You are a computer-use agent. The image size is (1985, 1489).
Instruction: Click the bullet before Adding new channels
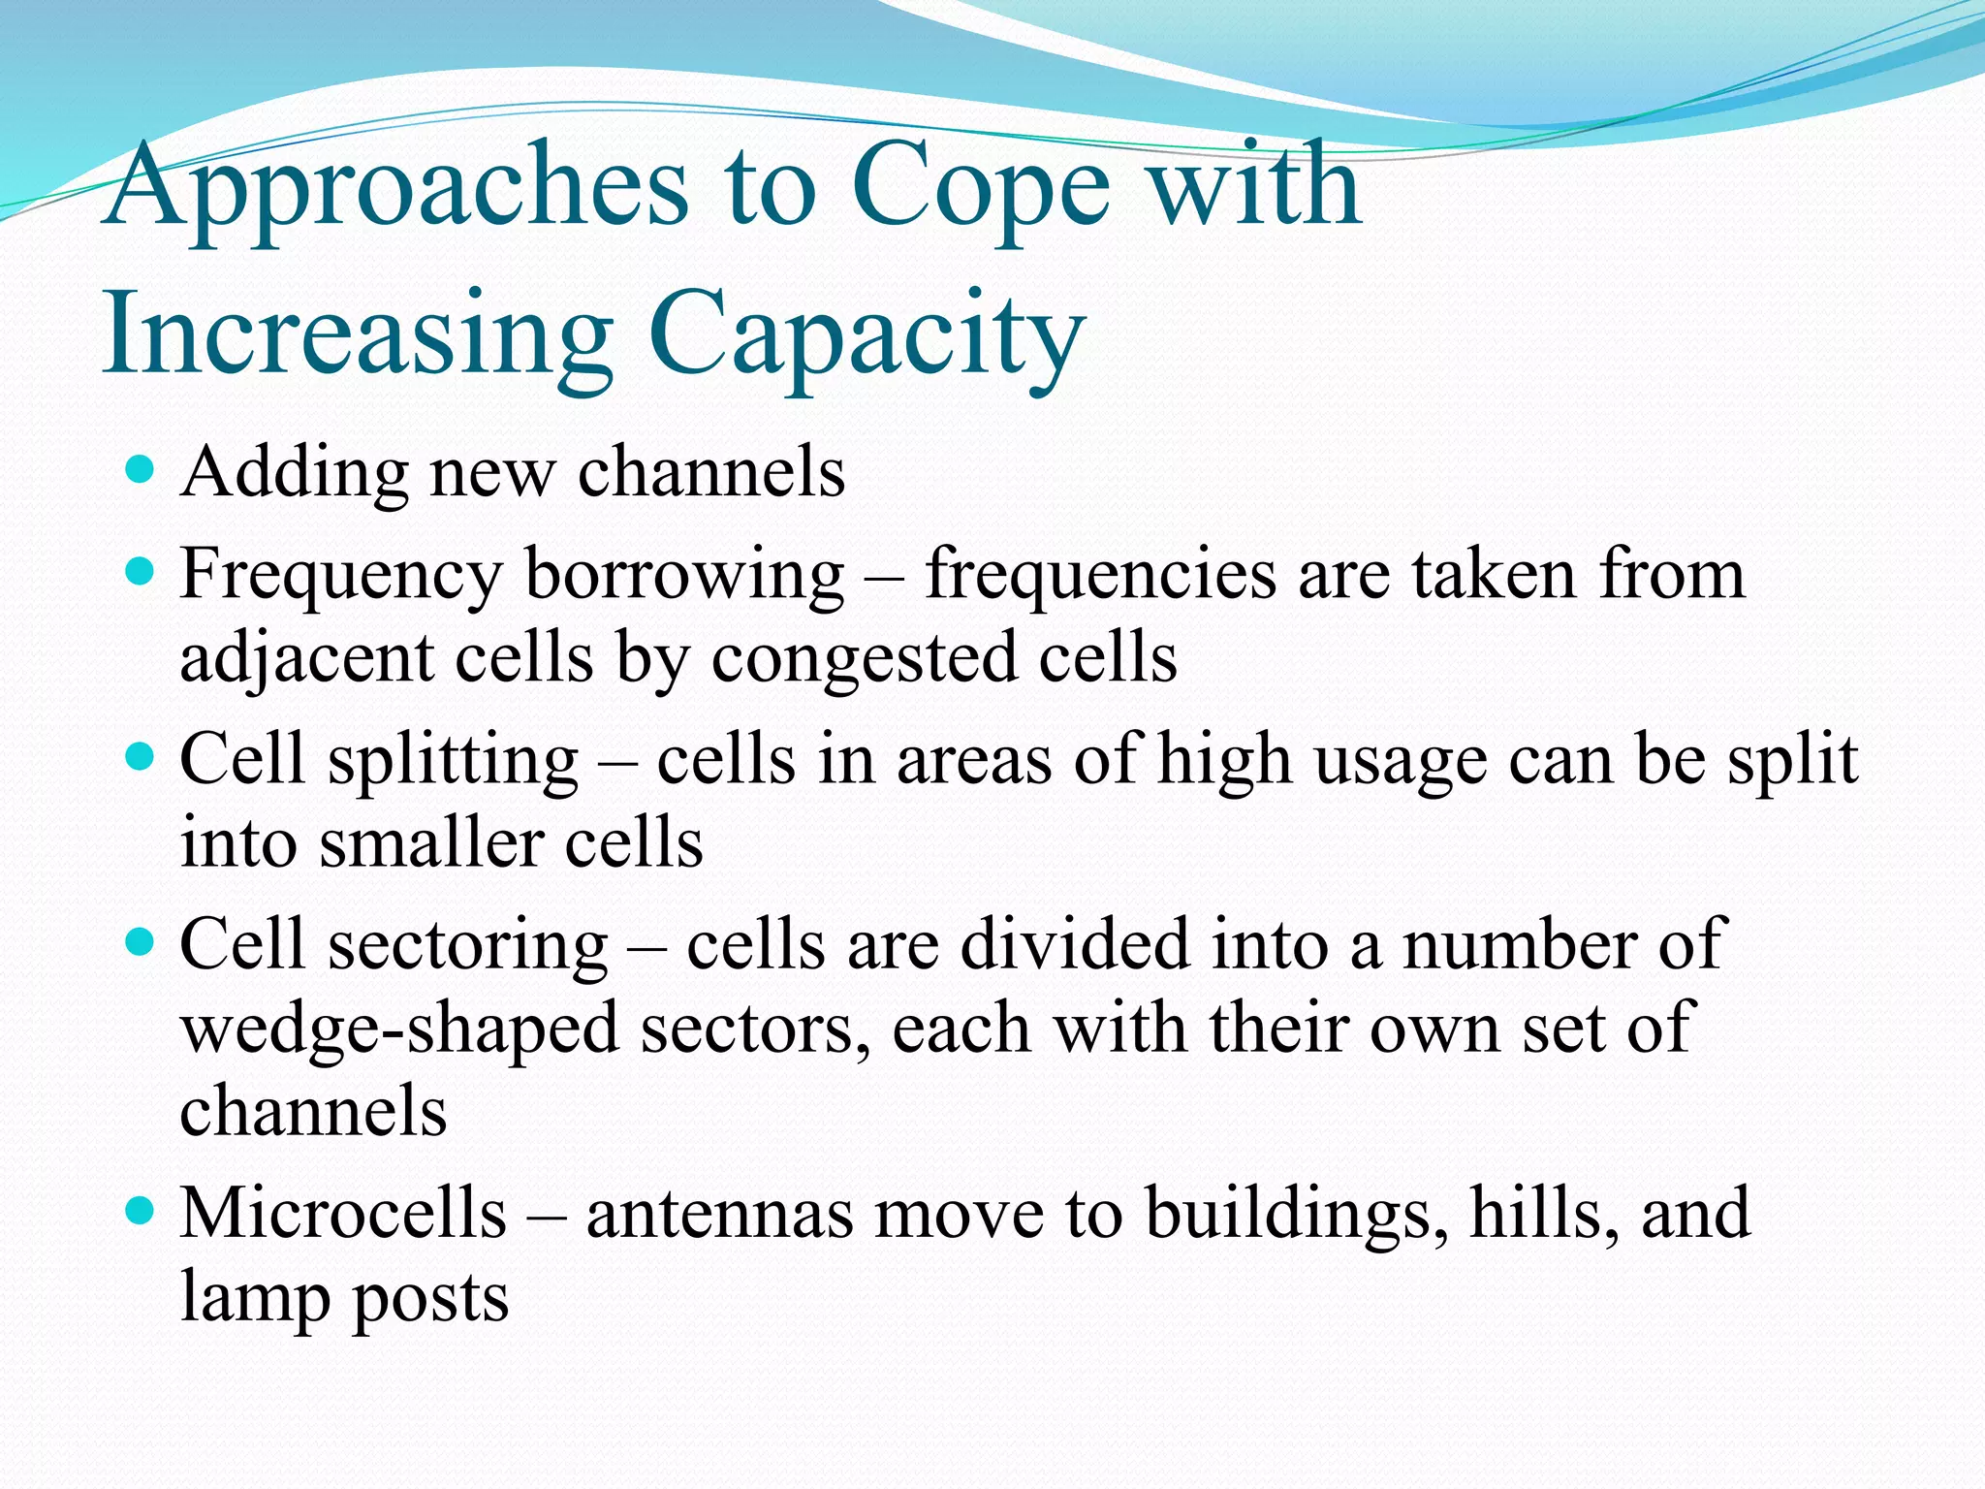(x=141, y=472)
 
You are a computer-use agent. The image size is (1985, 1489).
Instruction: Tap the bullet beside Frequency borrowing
(x=141, y=573)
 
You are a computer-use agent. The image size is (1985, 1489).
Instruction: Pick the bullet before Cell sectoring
(x=141, y=943)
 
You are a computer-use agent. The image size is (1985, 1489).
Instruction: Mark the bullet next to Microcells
(x=141, y=1212)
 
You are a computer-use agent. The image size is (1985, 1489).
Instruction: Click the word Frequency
(x=340, y=576)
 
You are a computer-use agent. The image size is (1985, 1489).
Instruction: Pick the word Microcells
(x=343, y=1214)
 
